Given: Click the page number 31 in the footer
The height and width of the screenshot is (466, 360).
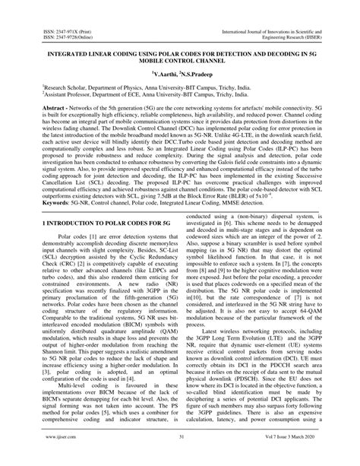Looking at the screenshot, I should [x=180, y=457].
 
